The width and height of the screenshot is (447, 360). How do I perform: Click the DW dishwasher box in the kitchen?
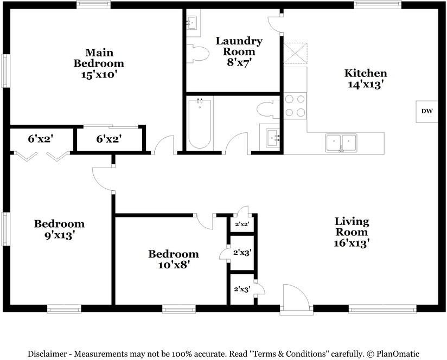pos(427,112)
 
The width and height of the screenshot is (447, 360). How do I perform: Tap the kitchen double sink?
pos(342,143)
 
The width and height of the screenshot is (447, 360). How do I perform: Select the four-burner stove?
pos(295,106)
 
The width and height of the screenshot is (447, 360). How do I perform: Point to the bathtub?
pos(200,124)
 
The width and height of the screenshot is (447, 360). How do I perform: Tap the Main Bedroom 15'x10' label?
pos(99,63)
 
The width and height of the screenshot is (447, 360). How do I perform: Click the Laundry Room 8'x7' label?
pos(239,52)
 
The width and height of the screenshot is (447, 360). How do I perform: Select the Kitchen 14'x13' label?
pos(366,79)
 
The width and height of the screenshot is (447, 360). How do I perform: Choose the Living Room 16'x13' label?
pos(352,233)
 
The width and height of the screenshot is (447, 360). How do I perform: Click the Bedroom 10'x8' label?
pos(174,259)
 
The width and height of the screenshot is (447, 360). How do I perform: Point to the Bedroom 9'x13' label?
pos(59,229)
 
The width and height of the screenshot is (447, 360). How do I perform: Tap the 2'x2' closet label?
pos(242,224)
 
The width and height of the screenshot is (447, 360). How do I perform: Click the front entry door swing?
pos(297,296)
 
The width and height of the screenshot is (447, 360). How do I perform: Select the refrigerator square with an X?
pos(295,53)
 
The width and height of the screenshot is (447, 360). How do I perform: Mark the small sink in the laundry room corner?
pos(191,22)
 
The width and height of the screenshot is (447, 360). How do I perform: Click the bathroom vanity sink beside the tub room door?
pos(273,138)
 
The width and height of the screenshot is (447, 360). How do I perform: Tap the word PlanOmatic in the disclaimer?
pos(398,354)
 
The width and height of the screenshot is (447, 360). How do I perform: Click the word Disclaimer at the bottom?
pos(47,354)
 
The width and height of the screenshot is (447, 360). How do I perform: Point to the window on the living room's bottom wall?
pos(382,308)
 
